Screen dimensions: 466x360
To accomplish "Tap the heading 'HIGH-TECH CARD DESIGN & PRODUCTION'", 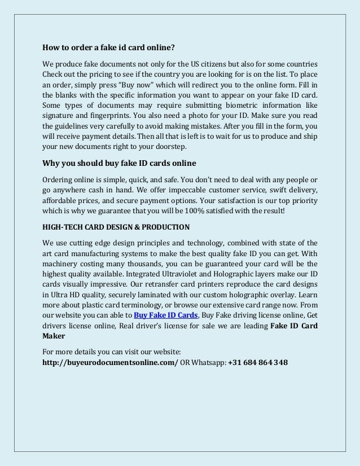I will pyautogui.click(x=116, y=226).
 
